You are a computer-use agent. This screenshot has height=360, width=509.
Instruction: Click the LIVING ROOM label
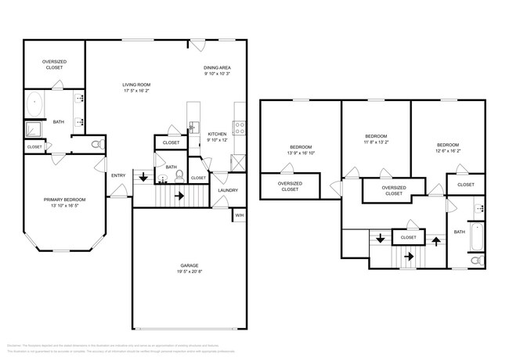(135, 85)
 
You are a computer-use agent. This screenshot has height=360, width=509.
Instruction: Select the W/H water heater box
(240, 216)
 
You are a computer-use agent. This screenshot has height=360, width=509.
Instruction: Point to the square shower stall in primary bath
(34, 129)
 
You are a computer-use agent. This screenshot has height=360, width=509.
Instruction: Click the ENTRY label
(118, 175)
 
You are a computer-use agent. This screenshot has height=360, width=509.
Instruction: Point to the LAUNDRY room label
(228, 190)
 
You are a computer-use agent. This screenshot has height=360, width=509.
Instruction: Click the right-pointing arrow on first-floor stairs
(179, 196)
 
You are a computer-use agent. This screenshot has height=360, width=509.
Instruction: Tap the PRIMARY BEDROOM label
(64, 200)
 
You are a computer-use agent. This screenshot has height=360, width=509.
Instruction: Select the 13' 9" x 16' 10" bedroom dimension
(301, 153)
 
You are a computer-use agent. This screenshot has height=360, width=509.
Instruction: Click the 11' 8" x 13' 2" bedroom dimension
(375, 142)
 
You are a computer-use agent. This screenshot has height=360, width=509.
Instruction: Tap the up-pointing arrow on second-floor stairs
(436, 239)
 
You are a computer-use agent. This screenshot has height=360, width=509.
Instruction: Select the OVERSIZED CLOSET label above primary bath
(54, 64)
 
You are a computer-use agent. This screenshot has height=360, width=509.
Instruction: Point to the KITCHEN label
(217, 134)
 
